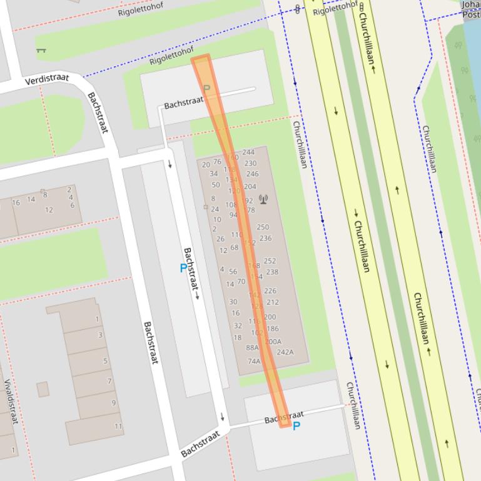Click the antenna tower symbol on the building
point(263,200)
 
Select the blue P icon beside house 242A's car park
point(296,426)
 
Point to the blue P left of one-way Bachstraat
point(183,268)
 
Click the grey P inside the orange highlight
point(207,89)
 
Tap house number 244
point(248,152)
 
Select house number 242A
point(285,352)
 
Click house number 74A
point(254,361)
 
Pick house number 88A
point(252,347)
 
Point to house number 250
point(263,227)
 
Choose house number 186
point(273,329)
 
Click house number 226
point(270,291)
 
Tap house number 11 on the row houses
point(118,426)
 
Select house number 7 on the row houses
point(109,381)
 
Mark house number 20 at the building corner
point(206,165)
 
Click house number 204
point(250,186)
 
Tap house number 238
point(272,272)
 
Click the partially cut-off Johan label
point(471,5)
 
